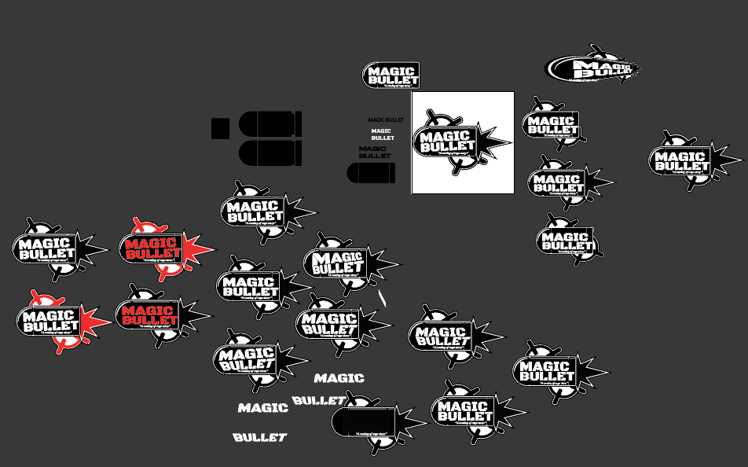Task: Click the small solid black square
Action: (220, 127)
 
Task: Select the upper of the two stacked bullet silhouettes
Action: (269, 124)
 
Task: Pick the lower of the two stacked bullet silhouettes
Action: (269, 153)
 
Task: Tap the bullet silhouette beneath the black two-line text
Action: (371, 173)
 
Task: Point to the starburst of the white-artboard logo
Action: (495, 142)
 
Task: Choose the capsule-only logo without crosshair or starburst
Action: (390, 75)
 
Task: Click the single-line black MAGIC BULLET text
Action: (386, 120)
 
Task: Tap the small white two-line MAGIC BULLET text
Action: (382, 134)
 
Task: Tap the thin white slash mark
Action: (383, 298)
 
